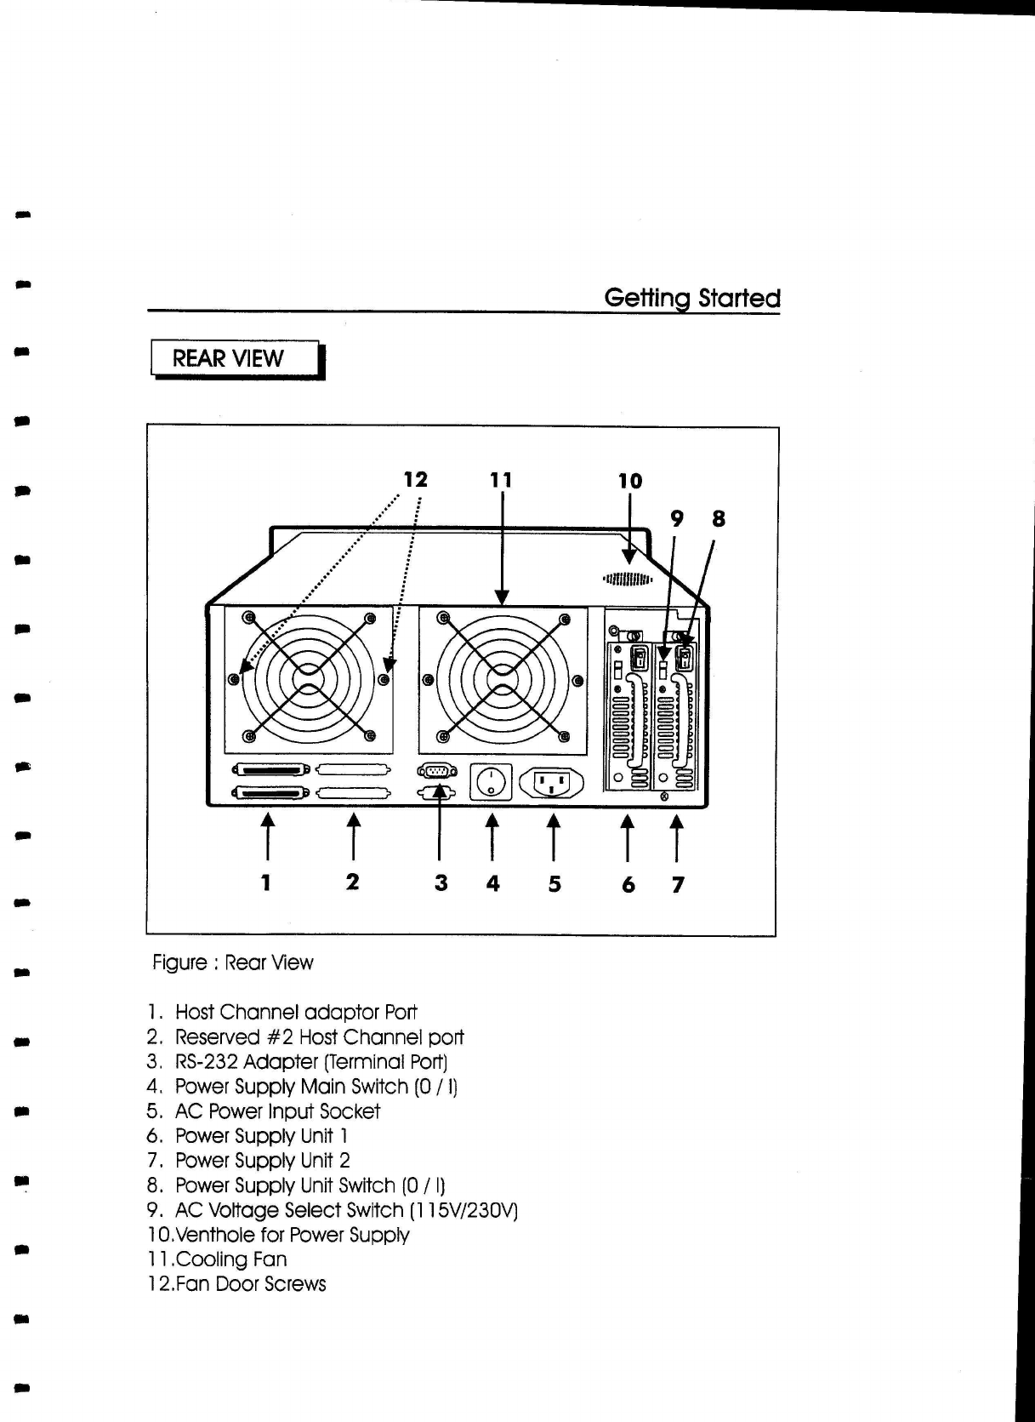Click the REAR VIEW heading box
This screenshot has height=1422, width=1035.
pos(236,358)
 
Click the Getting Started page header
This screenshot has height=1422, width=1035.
pos(691,299)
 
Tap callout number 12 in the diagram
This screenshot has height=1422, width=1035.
pos(415,480)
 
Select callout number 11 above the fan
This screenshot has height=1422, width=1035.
pos(502,481)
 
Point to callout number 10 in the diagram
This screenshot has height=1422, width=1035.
pos(629,482)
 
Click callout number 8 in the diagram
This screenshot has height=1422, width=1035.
pos(719,519)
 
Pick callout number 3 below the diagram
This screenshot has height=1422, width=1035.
pos(441,883)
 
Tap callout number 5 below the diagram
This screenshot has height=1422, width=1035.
pos(554,884)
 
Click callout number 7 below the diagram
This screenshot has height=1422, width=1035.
pos(678,885)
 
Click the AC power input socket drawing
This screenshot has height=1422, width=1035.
pos(552,784)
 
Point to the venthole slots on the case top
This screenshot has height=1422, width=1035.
pos(628,580)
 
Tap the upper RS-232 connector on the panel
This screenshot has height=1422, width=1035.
pos(436,771)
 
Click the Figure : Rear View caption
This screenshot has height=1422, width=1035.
pos(232,962)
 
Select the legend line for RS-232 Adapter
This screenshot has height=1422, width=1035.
pos(310,1062)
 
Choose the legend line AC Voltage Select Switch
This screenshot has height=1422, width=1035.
pos(345,1210)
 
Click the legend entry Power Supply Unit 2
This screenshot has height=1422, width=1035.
pos(262,1161)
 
